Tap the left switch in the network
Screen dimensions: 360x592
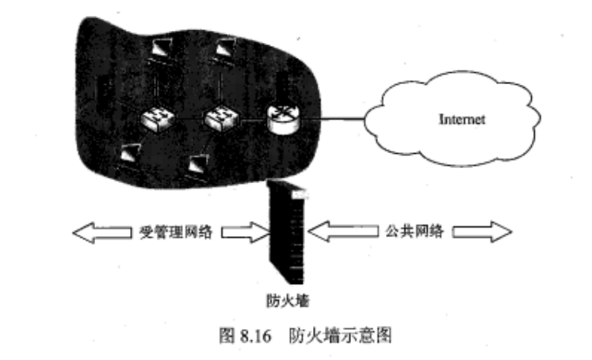coord(155,120)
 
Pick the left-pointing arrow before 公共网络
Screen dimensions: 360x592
coord(333,231)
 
